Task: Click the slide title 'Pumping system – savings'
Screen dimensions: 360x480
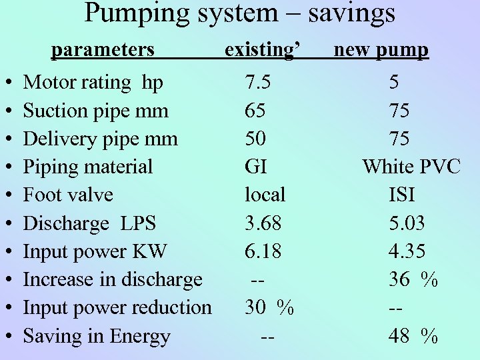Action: pyautogui.click(x=240, y=13)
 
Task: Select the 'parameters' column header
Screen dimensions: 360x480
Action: pyautogui.click(x=103, y=50)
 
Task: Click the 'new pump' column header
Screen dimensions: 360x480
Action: pyautogui.click(x=381, y=50)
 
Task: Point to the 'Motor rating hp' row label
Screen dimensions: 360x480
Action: pyautogui.click(x=93, y=83)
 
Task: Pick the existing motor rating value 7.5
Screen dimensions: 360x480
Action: pyautogui.click(x=258, y=83)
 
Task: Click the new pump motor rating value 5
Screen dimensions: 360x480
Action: pyautogui.click(x=395, y=83)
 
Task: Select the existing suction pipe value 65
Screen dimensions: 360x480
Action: pyautogui.click(x=255, y=111)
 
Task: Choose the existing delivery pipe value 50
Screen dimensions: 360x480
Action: pyautogui.click(x=255, y=139)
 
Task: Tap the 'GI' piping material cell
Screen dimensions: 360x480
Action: pyautogui.click(x=255, y=167)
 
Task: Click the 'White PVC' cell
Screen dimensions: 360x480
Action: pyautogui.click(x=411, y=167)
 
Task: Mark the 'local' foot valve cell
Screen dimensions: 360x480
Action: pyautogui.click(x=265, y=195)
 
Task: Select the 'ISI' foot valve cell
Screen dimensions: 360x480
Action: pyautogui.click(x=401, y=195)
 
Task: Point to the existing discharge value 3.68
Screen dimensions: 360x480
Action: pyautogui.click(x=263, y=223)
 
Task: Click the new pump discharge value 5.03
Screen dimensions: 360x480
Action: pyautogui.click(x=407, y=223)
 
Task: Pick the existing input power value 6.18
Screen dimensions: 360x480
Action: pyautogui.click(x=263, y=251)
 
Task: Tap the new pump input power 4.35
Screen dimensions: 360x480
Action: pyautogui.click(x=407, y=251)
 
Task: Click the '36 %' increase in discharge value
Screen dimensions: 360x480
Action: pyautogui.click(x=413, y=279)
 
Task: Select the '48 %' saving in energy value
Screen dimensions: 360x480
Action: pyautogui.click(x=413, y=336)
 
